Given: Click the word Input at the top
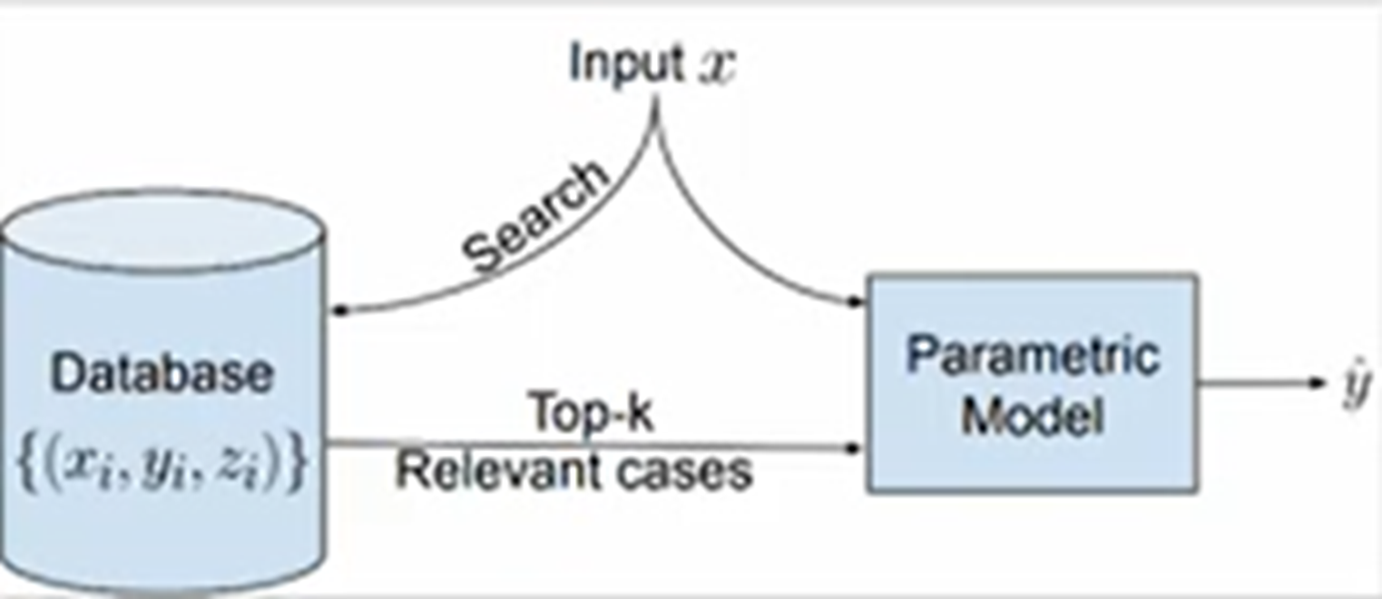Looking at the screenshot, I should coord(626,64).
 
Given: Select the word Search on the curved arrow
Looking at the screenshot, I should coord(534,218).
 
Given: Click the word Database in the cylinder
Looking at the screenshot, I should coord(162,373).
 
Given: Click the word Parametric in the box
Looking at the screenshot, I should coord(1033,356).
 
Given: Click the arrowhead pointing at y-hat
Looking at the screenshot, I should coord(1319,382).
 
